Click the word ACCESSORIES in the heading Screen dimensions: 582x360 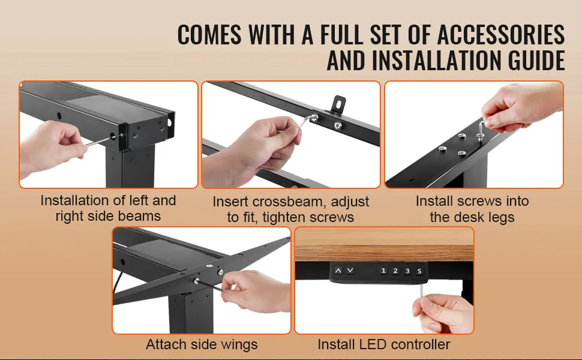[501, 35]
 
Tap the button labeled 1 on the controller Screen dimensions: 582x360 [383, 271]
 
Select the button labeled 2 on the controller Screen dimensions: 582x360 [395, 271]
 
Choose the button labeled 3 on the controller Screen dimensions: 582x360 [407, 271]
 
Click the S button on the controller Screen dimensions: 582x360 [419, 271]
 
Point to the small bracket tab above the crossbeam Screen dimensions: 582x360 [338, 104]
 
